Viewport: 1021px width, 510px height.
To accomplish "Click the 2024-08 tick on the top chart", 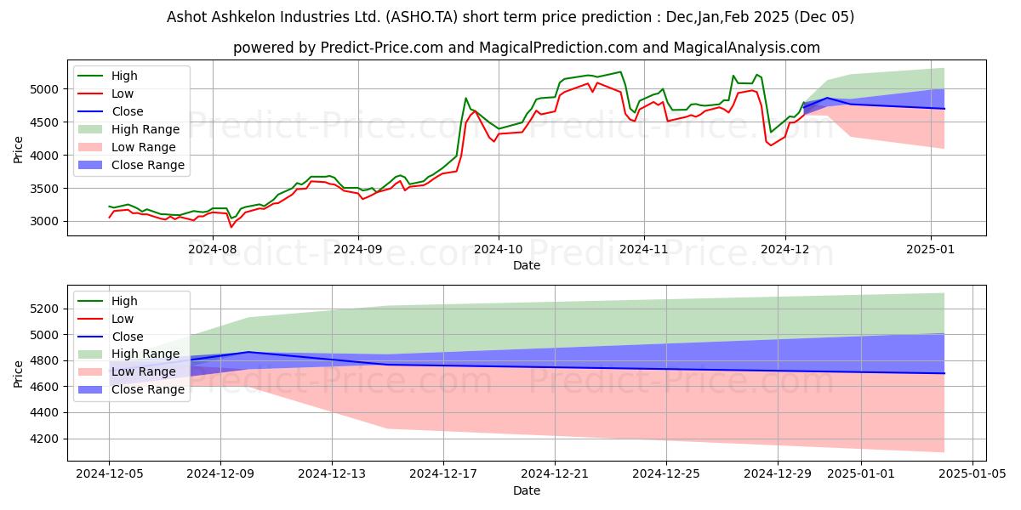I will [212, 249].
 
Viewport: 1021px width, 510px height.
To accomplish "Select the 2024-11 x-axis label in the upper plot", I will [644, 249].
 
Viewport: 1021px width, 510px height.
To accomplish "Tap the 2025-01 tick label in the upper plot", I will [931, 249].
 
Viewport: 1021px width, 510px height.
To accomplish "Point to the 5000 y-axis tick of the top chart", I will [47, 89].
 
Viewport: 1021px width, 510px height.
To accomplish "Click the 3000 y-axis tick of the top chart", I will [47, 221].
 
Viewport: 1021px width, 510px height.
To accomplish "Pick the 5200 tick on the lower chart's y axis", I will [47, 309].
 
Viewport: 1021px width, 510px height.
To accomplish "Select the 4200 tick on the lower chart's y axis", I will [47, 439].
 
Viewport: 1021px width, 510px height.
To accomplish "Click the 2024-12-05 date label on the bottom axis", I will [109, 474].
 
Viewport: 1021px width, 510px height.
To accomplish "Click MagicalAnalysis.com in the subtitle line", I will [747, 48].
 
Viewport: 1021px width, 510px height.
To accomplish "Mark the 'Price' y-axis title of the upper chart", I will [19, 149].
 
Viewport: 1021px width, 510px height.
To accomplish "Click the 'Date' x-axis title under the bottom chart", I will [527, 491].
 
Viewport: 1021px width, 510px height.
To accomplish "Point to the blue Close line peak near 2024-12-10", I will [248, 352].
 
